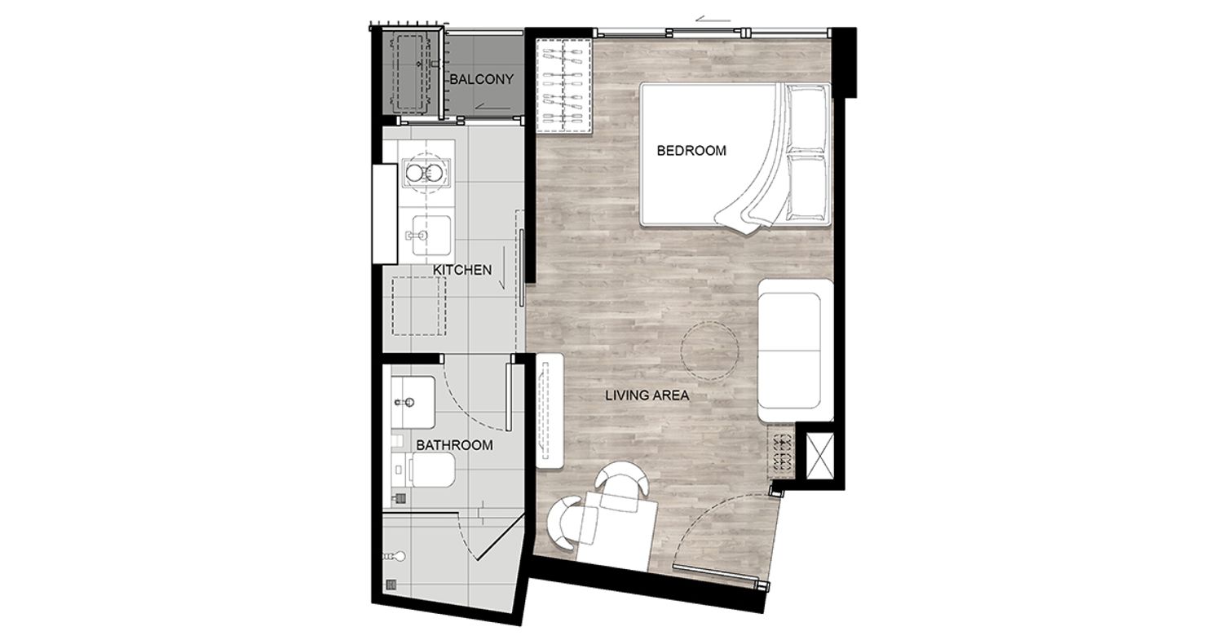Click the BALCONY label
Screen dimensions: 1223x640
[x=481, y=79]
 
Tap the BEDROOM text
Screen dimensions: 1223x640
[x=691, y=150]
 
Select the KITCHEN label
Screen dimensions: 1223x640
[x=462, y=270]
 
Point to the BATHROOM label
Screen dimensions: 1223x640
[x=454, y=445]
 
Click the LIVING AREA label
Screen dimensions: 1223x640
[x=647, y=395]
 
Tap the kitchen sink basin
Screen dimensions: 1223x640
[x=430, y=236]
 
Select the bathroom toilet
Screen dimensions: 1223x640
[x=424, y=470]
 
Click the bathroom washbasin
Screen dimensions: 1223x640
[x=413, y=402]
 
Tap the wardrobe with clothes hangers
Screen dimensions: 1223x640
[x=564, y=86]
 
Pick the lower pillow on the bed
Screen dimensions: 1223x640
[x=807, y=188]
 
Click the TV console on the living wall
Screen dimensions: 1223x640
[x=550, y=410]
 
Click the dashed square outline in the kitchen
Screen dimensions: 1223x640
[x=419, y=307]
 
